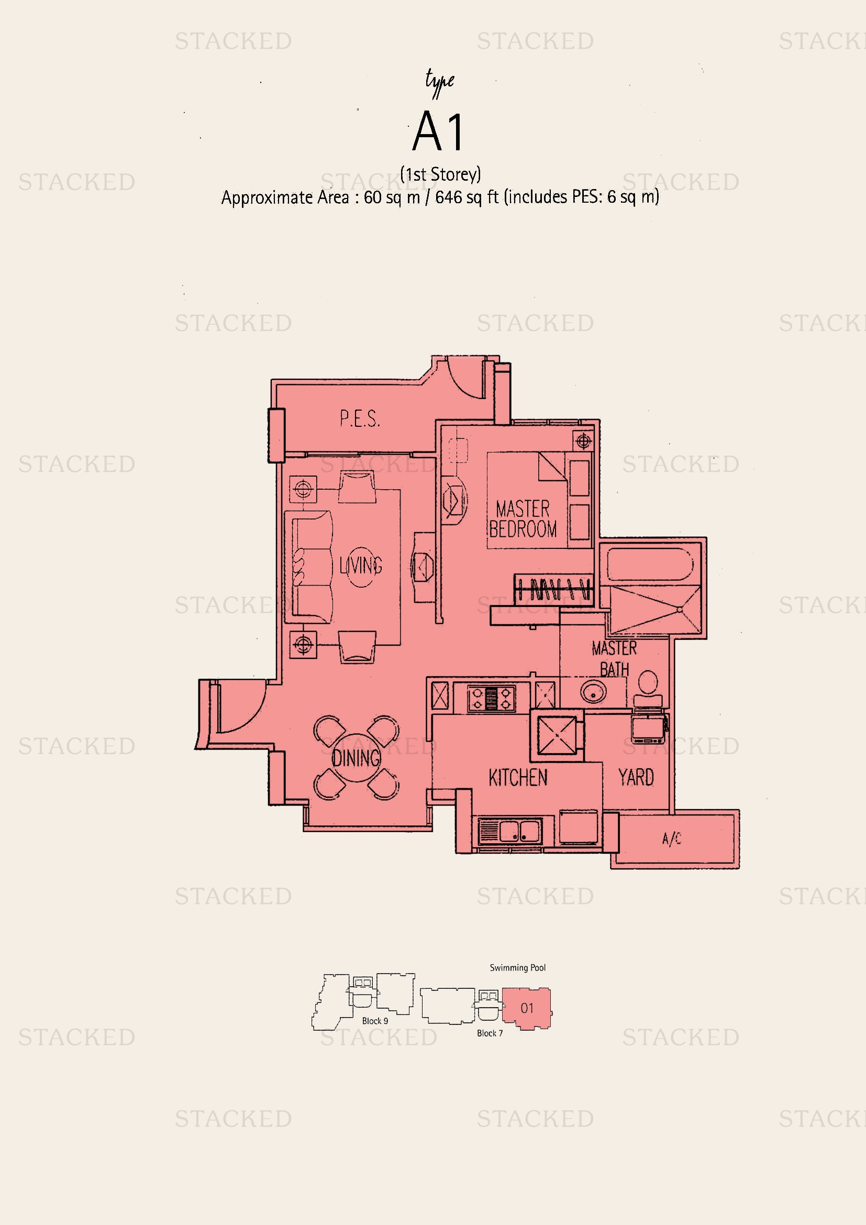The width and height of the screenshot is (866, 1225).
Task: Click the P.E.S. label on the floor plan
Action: (360, 418)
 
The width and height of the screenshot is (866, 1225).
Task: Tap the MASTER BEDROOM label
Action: (523, 518)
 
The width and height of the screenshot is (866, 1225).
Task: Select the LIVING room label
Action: (361, 566)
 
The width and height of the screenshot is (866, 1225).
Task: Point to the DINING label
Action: (356, 758)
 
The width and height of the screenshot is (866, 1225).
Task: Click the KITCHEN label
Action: (518, 778)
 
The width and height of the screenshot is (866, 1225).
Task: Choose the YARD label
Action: (636, 777)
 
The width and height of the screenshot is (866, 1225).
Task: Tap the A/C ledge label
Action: (672, 838)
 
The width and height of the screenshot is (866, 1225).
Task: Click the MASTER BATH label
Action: (614, 658)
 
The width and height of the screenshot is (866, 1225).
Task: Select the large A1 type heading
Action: (438, 131)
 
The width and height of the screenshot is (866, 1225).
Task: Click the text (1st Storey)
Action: (440, 174)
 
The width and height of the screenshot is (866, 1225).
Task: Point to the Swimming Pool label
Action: (518, 968)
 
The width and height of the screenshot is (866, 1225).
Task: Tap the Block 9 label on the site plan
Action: (375, 1021)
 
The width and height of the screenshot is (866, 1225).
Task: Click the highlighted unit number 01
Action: (527, 1008)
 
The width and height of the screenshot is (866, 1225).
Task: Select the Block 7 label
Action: (490, 1033)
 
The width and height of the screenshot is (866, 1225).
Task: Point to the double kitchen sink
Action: (510, 831)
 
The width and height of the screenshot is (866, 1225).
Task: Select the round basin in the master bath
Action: (593, 692)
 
